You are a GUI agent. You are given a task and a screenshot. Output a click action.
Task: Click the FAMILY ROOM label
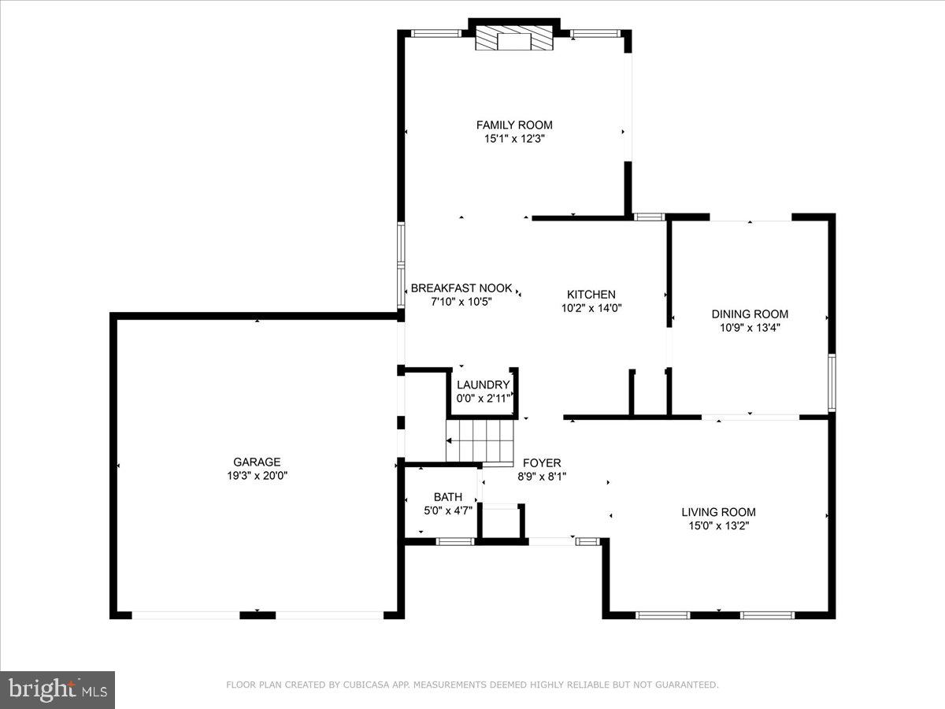(x=514, y=124)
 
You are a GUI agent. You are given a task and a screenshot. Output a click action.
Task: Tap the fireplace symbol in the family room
(x=514, y=39)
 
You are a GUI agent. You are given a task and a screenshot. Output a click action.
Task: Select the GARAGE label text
(x=257, y=462)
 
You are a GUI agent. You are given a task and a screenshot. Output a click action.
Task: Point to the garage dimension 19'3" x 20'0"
(x=257, y=476)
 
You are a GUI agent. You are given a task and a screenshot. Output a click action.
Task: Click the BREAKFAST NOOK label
(x=461, y=288)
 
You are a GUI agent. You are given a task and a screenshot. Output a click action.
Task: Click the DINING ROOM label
(x=750, y=314)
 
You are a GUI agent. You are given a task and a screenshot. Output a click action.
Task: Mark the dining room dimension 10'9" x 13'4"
(x=750, y=328)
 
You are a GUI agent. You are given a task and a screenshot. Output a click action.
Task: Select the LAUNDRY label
(x=484, y=385)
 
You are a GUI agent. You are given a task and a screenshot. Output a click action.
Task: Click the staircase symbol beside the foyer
(x=480, y=441)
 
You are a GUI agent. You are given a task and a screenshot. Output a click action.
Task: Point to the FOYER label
(x=542, y=462)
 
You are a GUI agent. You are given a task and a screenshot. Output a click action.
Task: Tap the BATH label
(x=447, y=497)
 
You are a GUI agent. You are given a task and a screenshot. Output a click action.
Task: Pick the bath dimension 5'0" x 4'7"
(x=447, y=510)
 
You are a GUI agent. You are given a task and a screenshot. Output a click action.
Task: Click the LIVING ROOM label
(x=718, y=512)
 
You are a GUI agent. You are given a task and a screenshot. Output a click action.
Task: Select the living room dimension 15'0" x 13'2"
(x=718, y=526)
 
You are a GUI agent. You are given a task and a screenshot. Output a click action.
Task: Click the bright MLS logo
(x=57, y=689)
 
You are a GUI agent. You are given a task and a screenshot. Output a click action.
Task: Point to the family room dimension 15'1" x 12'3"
(x=514, y=139)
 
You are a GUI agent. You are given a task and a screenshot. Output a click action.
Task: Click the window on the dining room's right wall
(x=832, y=383)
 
